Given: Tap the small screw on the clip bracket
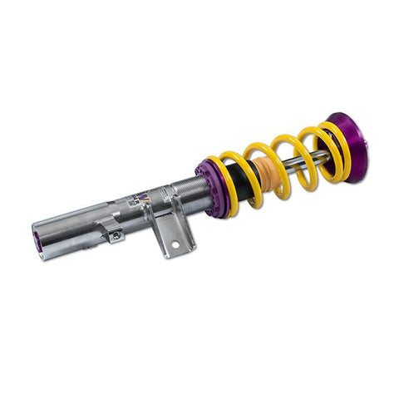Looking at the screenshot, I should [117, 235].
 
